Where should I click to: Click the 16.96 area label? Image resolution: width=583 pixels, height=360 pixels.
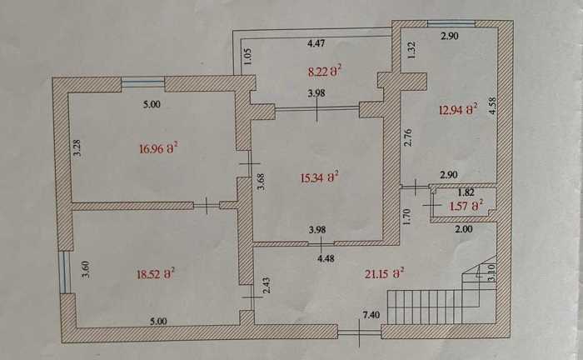click(x=158, y=149)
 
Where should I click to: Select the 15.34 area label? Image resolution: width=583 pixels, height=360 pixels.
click(x=319, y=177)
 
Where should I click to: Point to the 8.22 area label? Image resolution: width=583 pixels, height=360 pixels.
click(x=325, y=71)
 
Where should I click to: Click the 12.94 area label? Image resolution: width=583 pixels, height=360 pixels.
click(x=458, y=110)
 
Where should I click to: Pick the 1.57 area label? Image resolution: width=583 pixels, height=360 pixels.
click(x=466, y=206)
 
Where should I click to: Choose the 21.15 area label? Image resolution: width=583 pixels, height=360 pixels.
click(x=385, y=273)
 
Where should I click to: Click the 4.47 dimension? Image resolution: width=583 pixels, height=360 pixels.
click(x=316, y=43)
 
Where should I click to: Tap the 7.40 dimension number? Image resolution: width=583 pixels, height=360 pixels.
click(x=371, y=315)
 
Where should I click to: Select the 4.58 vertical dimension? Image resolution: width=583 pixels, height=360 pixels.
click(x=493, y=106)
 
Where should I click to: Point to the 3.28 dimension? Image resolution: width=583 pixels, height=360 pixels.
click(x=77, y=147)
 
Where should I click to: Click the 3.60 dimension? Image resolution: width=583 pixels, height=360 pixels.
click(x=86, y=269)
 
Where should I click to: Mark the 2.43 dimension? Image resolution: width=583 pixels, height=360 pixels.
click(x=267, y=285)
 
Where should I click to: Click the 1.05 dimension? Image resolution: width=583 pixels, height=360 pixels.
click(x=248, y=57)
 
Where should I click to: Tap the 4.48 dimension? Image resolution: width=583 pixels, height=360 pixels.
click(x=326, y=258)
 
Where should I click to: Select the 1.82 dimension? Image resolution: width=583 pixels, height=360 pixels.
click(x=466, y=192)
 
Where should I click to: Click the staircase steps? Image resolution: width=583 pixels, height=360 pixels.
click(x=425, y=307)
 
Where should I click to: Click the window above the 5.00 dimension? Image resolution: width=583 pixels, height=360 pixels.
click(x=142, y=82)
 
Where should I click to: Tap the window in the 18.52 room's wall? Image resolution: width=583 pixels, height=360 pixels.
click(x=65, y=272)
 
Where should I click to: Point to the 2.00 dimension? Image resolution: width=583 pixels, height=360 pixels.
click(x=464, y=229)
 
